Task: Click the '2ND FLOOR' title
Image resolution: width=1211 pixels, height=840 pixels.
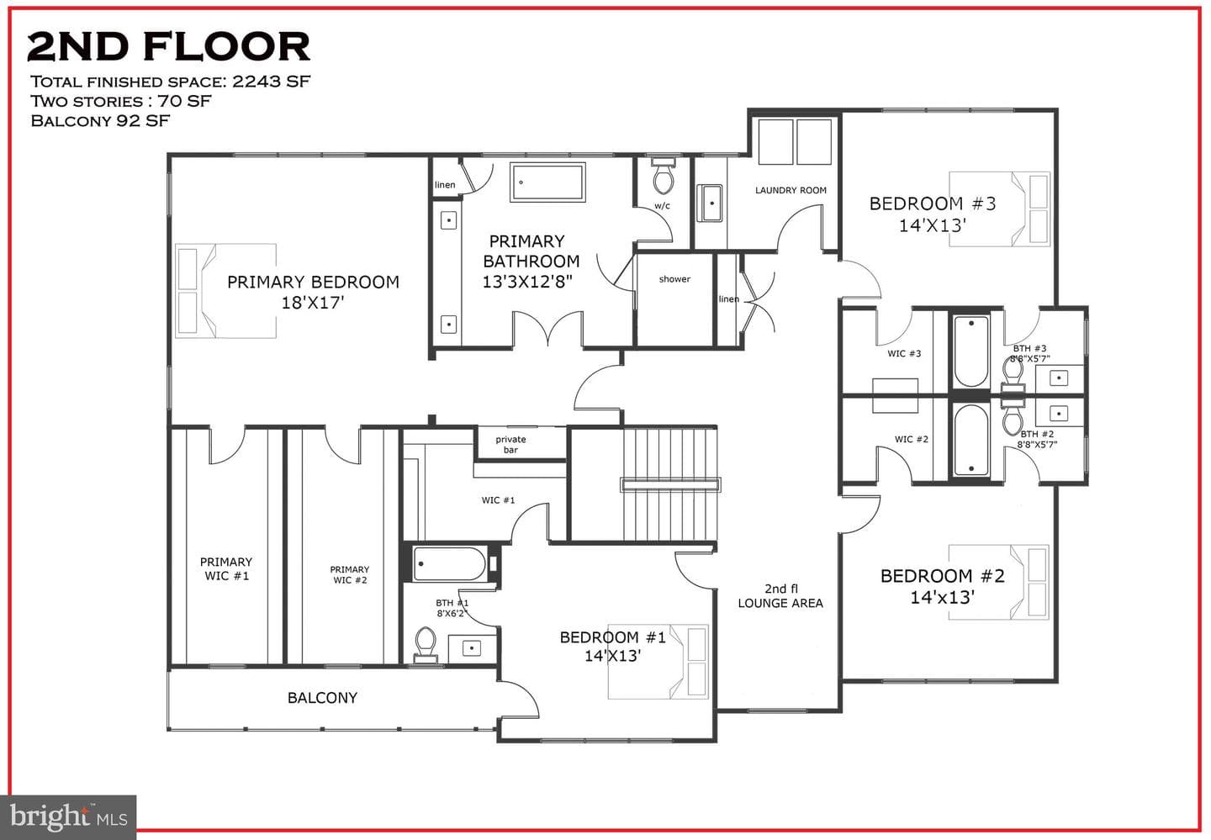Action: (169, 46)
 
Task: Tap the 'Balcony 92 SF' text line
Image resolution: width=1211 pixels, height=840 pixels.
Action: (100, 120)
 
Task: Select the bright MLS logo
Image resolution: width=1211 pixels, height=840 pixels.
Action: (68, 817)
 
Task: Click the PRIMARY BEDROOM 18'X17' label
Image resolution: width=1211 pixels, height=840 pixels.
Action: (313, 292)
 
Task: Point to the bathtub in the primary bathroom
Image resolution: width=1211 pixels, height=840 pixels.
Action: (547, 182)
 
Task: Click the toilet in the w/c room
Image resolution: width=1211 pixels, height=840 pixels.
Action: (664, 176)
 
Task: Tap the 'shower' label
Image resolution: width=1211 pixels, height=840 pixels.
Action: (674, 279)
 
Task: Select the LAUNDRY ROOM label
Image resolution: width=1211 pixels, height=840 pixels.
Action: (791, 190)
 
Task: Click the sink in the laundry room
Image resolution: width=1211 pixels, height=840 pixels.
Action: (709, 203)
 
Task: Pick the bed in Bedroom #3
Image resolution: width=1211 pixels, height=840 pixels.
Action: (1000, 209)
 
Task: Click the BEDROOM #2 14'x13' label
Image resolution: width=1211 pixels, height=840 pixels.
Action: (942, 587)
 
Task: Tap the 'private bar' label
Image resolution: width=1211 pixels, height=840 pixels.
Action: (511, 444)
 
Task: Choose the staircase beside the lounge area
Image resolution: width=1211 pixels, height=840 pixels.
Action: (670, 483)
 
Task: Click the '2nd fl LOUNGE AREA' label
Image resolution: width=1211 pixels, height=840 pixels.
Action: (780, 595)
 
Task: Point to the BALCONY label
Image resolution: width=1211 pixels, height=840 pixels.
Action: (322, 698)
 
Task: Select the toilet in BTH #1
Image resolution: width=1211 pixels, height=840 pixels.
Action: (425, 645)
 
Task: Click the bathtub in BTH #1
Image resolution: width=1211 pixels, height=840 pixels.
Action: (449, 563)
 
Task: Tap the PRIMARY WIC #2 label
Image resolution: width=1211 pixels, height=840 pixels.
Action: (350, 574)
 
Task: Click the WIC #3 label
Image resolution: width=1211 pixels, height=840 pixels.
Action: (904, 353)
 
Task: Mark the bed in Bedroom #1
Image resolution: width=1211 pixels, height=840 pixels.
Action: (658, 662)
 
